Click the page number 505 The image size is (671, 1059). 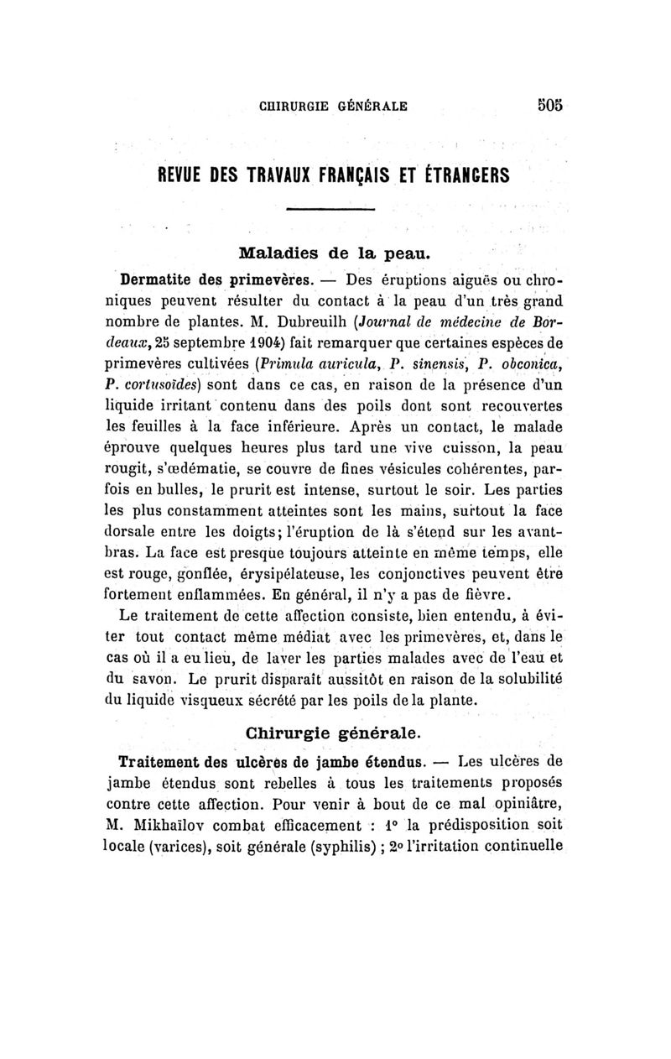click(x=548, y=106)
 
